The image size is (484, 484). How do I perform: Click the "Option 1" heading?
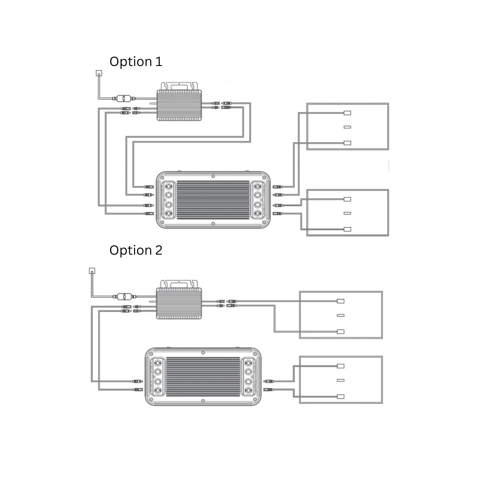point(136,62)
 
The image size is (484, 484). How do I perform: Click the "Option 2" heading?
point(136,251)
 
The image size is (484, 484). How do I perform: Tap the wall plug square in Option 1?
point(99,73)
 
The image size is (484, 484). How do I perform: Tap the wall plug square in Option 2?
point(92,271)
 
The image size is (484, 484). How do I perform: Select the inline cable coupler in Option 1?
point(124,99)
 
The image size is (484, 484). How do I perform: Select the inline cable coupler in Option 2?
point(124,296)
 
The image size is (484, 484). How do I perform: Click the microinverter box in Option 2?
point(179,303)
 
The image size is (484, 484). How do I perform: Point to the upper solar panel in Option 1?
point(348,126)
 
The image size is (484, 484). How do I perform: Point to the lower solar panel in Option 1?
point(348,213)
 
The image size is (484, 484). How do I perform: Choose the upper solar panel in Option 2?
point(341,315)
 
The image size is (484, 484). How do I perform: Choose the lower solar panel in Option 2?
point(341,380)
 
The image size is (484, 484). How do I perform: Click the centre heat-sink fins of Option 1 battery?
point(213,200)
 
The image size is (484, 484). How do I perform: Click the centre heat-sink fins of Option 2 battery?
point(203,377)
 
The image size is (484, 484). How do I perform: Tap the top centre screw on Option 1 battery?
point(213,176)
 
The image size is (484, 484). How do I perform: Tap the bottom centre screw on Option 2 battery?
point(203,401)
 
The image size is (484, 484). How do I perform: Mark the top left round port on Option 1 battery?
point(168,186)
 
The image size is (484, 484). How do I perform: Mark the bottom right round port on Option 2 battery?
point(248,390)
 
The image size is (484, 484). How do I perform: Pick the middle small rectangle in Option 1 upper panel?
point(347,127)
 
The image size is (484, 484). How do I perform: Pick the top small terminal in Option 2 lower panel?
point(341,366)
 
